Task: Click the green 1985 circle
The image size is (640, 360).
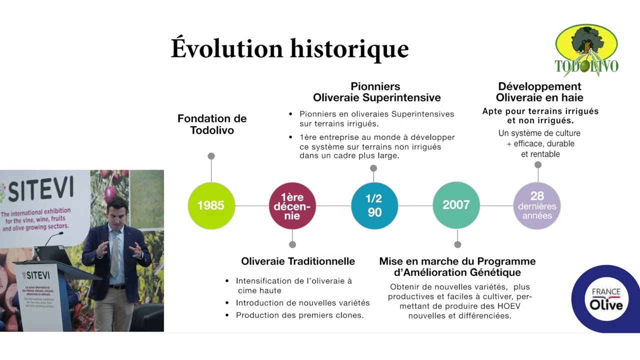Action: click(x=211, y=205)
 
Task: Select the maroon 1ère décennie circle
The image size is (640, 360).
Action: click(x=292, y=205)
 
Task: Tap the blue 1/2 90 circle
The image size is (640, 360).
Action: click(x=374, y=205)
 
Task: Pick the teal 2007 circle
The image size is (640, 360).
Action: click(x=455, y=205)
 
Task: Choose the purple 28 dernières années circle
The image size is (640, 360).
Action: click(x=537, y=205)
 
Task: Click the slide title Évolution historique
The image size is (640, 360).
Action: click(x=289, y=48)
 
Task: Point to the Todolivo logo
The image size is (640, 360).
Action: click(x=586, y=50)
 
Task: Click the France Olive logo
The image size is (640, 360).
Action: click(x=605, y=298)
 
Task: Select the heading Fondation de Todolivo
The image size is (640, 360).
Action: click(x=212, y=124)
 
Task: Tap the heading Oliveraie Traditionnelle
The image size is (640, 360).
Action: click(x=298, y=261)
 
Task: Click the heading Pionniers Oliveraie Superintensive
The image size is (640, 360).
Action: click(x=376, y=92)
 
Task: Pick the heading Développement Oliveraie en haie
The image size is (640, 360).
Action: click(x=539, y=92)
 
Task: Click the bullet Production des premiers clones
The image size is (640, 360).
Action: click(x=299, y=315)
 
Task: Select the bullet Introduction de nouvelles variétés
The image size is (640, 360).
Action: click(x=302, y=302)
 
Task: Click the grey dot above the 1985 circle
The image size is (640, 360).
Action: click(x=211, y=156)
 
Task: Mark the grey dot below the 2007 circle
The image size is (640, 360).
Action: click(x=457, y=244)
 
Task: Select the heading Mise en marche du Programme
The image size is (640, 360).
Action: click(x=457, y=261)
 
